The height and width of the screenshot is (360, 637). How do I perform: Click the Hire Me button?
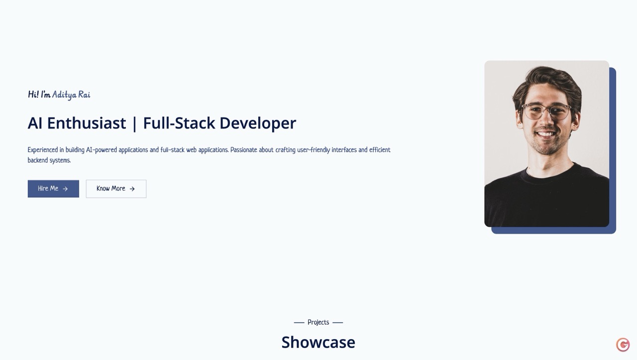coord(53,189)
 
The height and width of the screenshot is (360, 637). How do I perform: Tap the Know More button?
coord(116,189)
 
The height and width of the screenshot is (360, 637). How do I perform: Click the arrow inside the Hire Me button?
coord(65,189)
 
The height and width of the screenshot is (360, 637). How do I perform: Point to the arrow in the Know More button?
coord(132,189)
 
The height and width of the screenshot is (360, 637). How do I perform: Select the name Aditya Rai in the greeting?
coord(71,95)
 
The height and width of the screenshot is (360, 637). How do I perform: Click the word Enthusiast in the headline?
coord(87,123)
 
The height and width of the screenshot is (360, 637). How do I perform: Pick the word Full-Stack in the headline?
coord(179,123)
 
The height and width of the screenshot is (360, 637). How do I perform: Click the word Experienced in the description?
coord(43,150)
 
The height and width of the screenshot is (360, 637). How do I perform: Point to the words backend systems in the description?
coord(49,160)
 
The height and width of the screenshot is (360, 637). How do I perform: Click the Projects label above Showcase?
coord(318,323)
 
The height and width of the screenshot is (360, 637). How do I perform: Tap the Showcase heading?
coord(318,342)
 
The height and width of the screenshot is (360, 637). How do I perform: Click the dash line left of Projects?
coord(299,323)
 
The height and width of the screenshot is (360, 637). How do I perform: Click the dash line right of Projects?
coord(337,323)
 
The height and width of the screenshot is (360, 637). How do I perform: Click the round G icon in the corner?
coord(623,345)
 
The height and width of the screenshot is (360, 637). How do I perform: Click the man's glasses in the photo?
coord(546,112)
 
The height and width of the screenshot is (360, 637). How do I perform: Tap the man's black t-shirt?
coord(546,199)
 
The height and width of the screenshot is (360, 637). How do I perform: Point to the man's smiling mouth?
coord(545,134)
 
